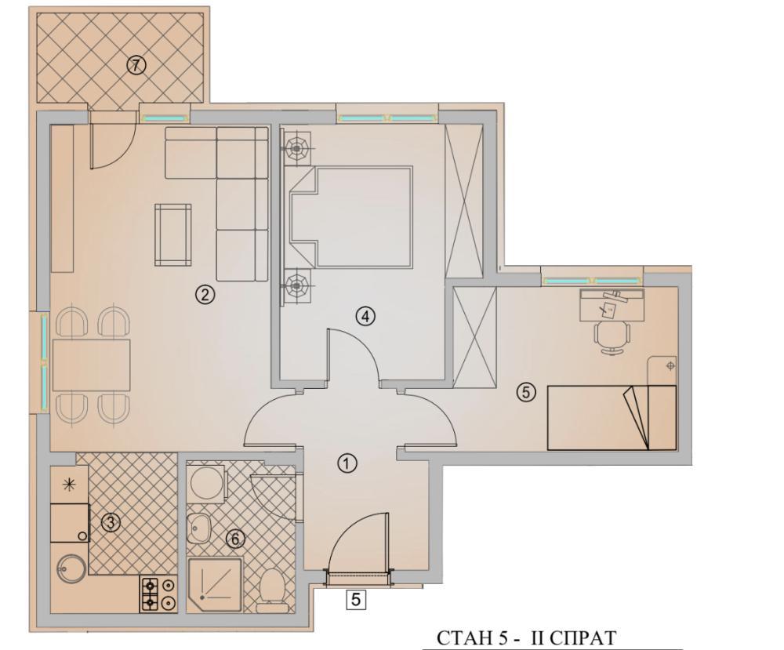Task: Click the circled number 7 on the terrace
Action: point(136,66)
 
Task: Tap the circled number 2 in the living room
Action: point(204,295)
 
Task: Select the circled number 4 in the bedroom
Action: point(365,316)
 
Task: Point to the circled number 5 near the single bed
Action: point(526,393)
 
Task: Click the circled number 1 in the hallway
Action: point(347,463)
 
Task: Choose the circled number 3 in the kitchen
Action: point(111,523)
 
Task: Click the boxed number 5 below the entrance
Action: point(356,600)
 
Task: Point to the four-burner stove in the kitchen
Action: point(158,594)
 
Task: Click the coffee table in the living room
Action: point(172,234)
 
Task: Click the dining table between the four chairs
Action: point(90,365)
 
